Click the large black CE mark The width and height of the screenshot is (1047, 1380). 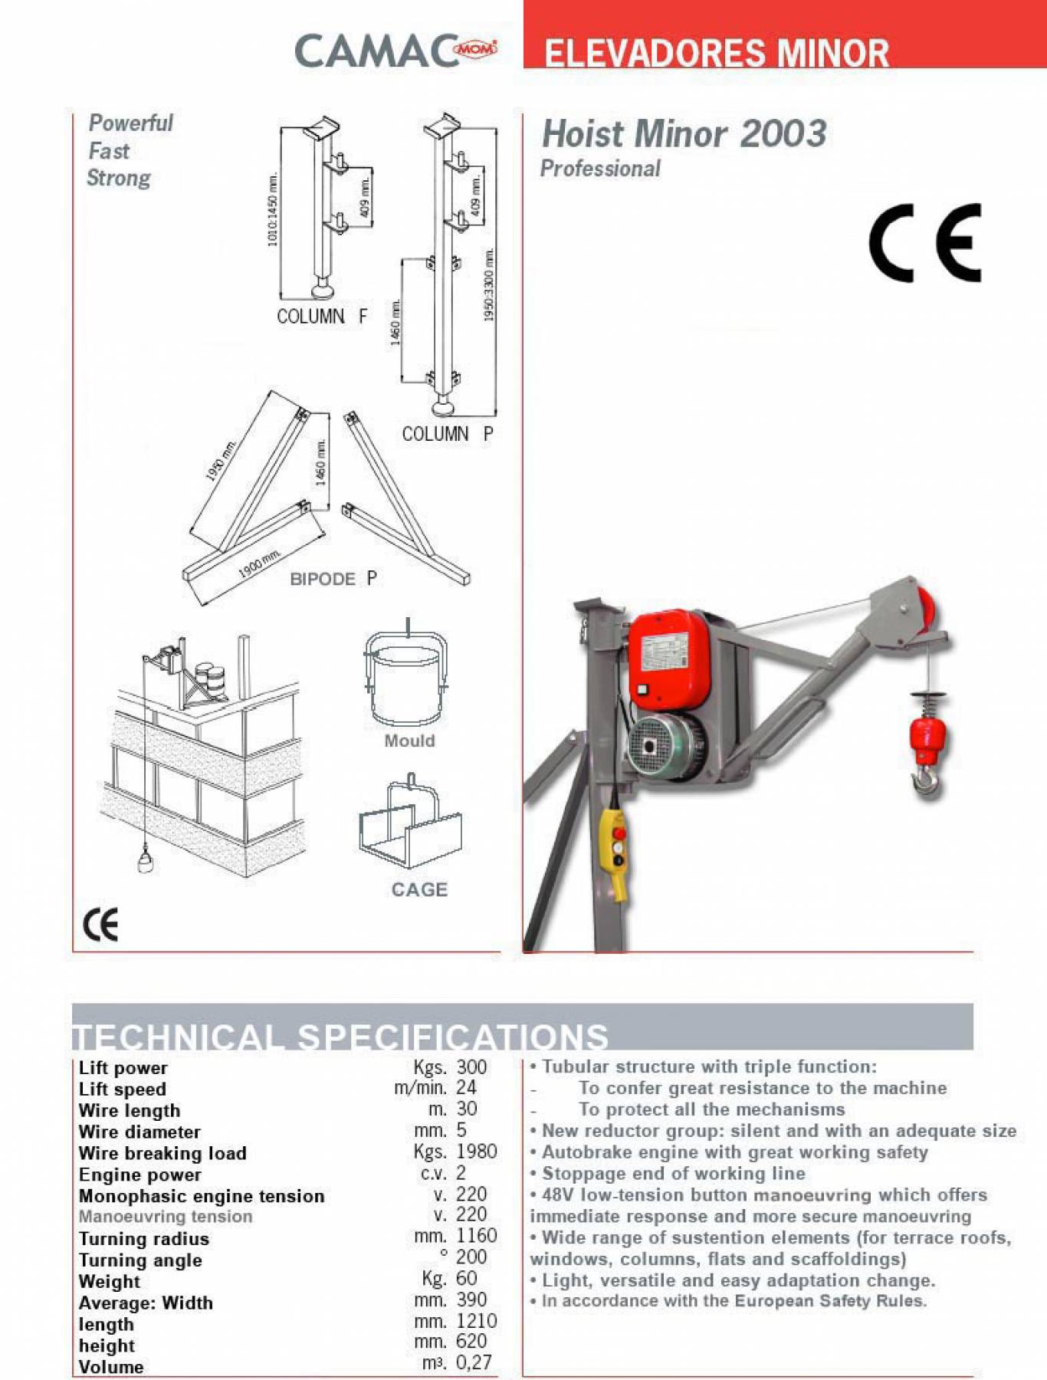(x=924, y=243)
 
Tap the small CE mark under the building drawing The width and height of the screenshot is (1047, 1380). (x=100, y=925)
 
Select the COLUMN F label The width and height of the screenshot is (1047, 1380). (x=322, y=316)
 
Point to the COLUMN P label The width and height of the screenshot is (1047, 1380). (x=448, y=434)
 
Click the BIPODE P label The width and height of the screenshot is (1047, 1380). (x=333, y=579)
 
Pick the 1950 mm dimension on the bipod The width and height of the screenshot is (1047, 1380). (x=220, y=460)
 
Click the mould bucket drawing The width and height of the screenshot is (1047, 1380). (x=405, y=679)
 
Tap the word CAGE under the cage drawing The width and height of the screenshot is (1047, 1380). (x=419, y=889)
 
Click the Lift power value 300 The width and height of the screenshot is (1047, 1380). (x=471, y=1067)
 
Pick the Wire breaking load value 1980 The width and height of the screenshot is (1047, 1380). (x=476, y=1152)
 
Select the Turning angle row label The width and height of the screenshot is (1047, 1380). (x=140, y=1260)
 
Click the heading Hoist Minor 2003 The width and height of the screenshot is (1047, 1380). (x=684, y=134)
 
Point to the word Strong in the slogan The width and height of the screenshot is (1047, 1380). (x=119, y=178)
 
